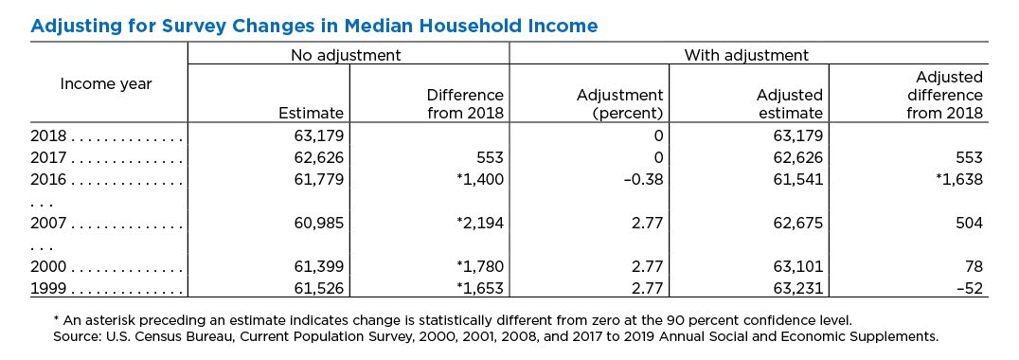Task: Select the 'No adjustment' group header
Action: coord(347,55)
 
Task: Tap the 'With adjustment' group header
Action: coord(746,55)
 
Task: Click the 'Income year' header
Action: coord(106,83)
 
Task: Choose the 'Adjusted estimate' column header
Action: coord(790,104)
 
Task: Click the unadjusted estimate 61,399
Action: coord(316,266)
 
